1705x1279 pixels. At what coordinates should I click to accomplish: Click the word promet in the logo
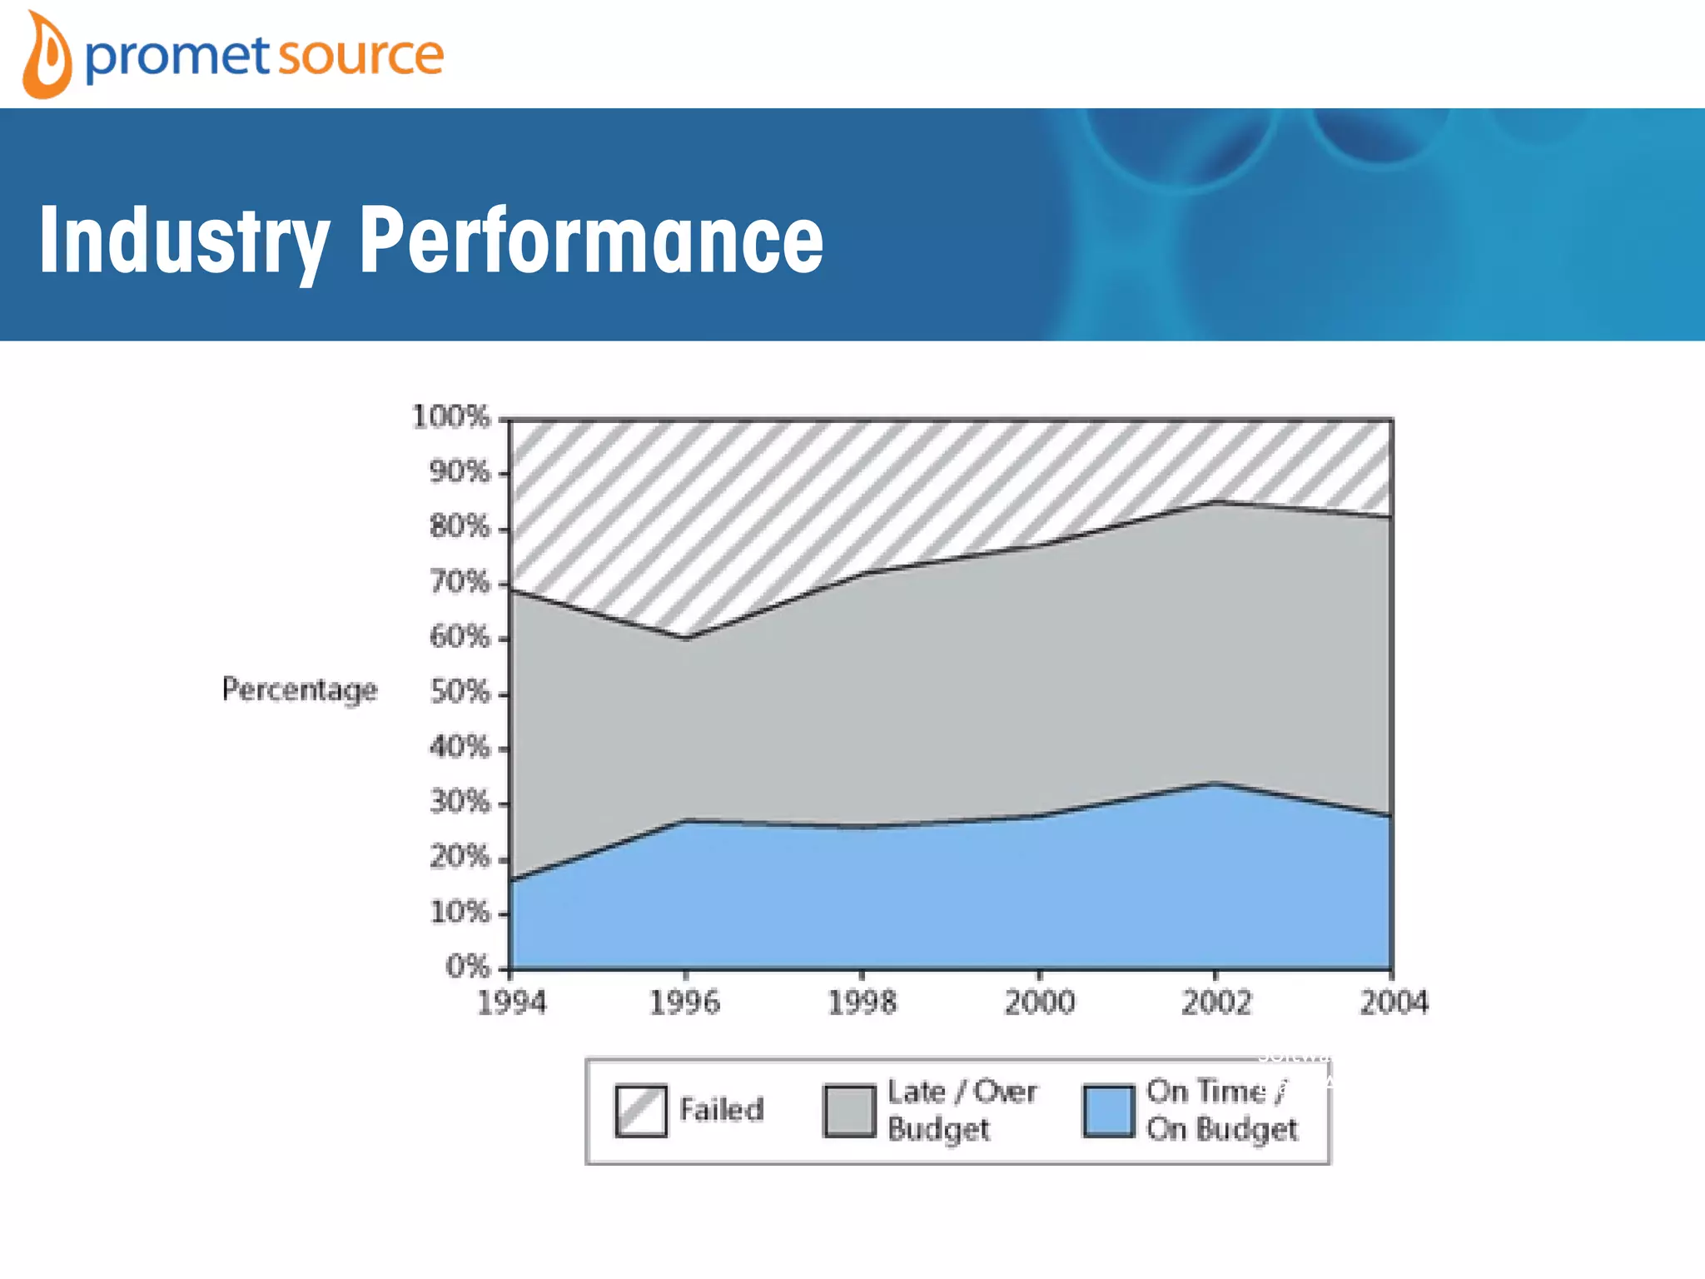[x=176, y=57]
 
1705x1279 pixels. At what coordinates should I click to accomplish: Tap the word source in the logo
[x=360, y=57]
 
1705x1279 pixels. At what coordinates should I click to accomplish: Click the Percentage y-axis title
[x=300, y=689]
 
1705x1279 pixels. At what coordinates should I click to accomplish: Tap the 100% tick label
[x=451, y=416]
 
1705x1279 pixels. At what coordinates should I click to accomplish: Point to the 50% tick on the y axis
[x=460, y=692]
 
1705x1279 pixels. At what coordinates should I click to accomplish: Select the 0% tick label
[x=467, y=967]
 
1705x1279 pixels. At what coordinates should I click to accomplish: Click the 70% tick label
[x=460, y=582]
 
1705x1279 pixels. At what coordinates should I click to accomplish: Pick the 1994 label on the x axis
[x=511, y=1002]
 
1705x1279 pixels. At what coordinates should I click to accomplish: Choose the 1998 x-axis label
[x=862, y=1002]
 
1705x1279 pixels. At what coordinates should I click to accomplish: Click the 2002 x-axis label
[x=1216, y=1002]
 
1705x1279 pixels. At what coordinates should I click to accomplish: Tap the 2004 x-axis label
[x=1394, y=1002]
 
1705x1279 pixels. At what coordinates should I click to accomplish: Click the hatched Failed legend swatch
[x=641, y=1111]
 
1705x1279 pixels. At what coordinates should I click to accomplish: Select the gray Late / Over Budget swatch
[x=849, y=1111]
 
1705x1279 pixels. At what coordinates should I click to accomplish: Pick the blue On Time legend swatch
[x=1109, y=1111]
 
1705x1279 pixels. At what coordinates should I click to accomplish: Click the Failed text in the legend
[x=721, y=1110]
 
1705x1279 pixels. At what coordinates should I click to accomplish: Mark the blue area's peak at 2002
[x=1216, y=784]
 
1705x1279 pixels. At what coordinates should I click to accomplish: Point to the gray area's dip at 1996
[x=686, y=639]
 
